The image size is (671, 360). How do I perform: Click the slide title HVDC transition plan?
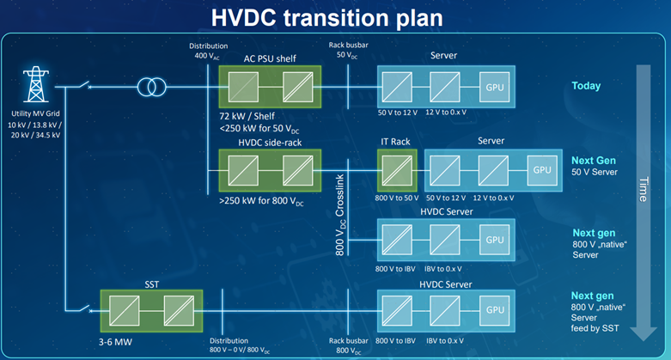click(335, 18)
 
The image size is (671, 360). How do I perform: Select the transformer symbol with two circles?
click(153, 87)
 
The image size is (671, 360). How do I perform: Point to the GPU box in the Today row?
click(495, 88)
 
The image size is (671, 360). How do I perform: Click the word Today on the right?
click(586, 86)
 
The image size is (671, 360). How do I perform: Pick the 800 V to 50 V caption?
click(397, 197)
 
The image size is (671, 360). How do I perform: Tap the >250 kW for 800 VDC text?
click(259, 198)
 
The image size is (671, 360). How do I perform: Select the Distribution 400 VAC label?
click(209, 50)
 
